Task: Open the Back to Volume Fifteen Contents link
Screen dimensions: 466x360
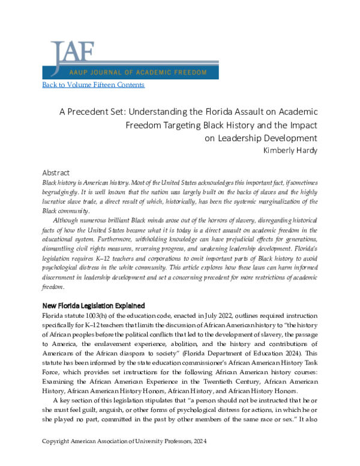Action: point(93,85)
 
